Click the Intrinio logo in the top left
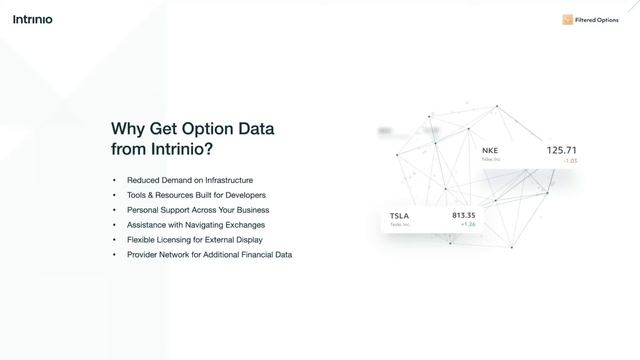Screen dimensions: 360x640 click(x=33, y=19)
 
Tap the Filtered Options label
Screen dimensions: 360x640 click(x=597, y=20)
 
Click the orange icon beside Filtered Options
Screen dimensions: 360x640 click(x=567, y=20)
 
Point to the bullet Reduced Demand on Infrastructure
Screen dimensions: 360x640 click(x=190, y=180)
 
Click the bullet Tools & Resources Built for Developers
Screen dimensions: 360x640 click(x=196, y=195)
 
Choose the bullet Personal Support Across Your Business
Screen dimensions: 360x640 click(x=198, y=210)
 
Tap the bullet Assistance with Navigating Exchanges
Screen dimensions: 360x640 click(x=196, y=225)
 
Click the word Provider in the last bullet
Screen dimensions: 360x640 click(x=144, y=255)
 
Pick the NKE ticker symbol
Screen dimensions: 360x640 click(x=490, y=151)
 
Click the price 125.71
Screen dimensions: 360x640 click(x=562, y=150)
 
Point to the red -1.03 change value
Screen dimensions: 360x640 click(x=570, y=160)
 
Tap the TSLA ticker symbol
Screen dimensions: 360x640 click(x=400, y=216)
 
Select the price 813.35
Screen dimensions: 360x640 click(x=464, y=215)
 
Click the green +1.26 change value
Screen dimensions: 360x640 click(x=468, y=225)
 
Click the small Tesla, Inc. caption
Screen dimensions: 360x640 click(x=399, y=225)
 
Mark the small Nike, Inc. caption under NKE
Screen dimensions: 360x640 click(x=490, y=160)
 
